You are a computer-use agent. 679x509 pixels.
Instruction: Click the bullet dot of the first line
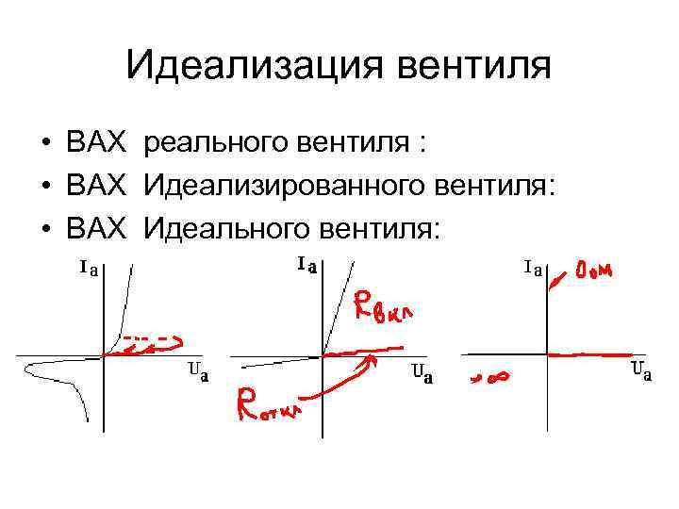[45, 144]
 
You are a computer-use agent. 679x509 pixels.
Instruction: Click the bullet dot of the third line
[45, 229]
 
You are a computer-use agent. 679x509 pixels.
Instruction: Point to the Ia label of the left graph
[90, 269]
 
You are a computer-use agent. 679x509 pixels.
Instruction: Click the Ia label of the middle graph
[306, 265]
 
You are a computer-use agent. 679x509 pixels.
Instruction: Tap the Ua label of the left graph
[198, 370]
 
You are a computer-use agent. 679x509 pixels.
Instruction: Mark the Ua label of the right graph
[640, 370]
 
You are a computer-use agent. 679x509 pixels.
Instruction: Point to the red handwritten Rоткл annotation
[270, 405]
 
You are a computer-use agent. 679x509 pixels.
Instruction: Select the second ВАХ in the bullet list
[96, 186]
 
